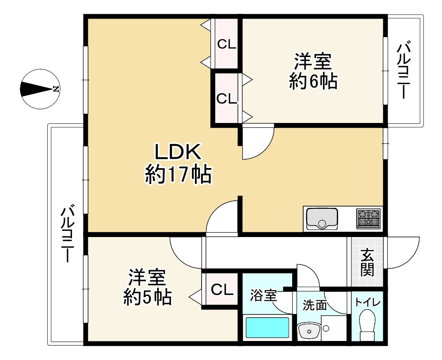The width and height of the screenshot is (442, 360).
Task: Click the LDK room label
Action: click(178, 153)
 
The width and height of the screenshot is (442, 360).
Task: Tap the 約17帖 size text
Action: click(178, 175)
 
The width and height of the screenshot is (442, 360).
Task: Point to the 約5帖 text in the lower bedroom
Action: click(147, 298)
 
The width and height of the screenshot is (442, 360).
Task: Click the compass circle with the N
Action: click(40, 89)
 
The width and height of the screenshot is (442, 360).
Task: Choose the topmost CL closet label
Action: click(226, 44)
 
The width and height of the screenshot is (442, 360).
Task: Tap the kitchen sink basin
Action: click(322, 218)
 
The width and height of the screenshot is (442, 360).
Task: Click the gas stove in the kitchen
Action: click(369, 218)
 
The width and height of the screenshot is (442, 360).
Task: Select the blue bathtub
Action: click(267, 328)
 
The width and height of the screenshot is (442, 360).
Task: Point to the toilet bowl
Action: click(367, 325)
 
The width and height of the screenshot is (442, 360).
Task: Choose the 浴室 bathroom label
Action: click(263, 295)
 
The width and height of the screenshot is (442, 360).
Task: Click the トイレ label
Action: click(368, 302)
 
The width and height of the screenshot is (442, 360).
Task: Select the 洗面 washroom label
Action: click(314, 305)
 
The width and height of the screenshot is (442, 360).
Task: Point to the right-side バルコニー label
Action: click(404, 71)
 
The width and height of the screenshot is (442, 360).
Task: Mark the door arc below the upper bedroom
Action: click(257, 144)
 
